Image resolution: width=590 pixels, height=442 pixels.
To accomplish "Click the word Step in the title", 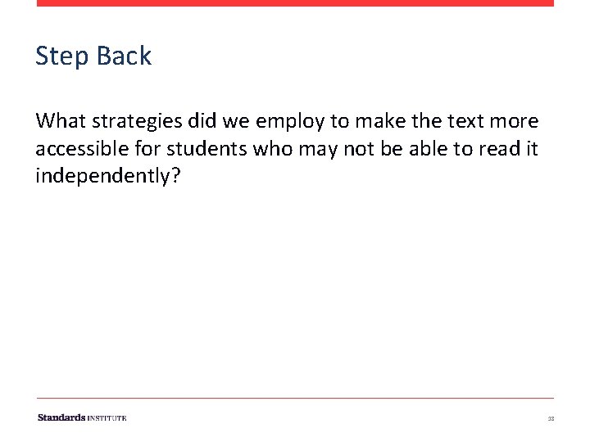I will click(62, 56).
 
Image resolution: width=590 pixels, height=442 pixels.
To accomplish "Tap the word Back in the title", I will click(124, 56).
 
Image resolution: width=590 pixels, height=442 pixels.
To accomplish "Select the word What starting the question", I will click(61, 122).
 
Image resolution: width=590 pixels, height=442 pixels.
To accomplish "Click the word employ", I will click(291, 122).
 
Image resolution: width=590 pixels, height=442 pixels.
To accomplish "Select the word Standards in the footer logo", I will click(61, 417).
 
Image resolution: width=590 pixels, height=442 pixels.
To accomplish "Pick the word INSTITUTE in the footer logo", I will click(107, 417).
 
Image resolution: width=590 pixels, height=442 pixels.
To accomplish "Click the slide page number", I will click(551, 418).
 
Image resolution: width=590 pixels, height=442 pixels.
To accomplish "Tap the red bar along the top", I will click(295, 3).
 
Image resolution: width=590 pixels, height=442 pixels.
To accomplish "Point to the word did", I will click(202, 122).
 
